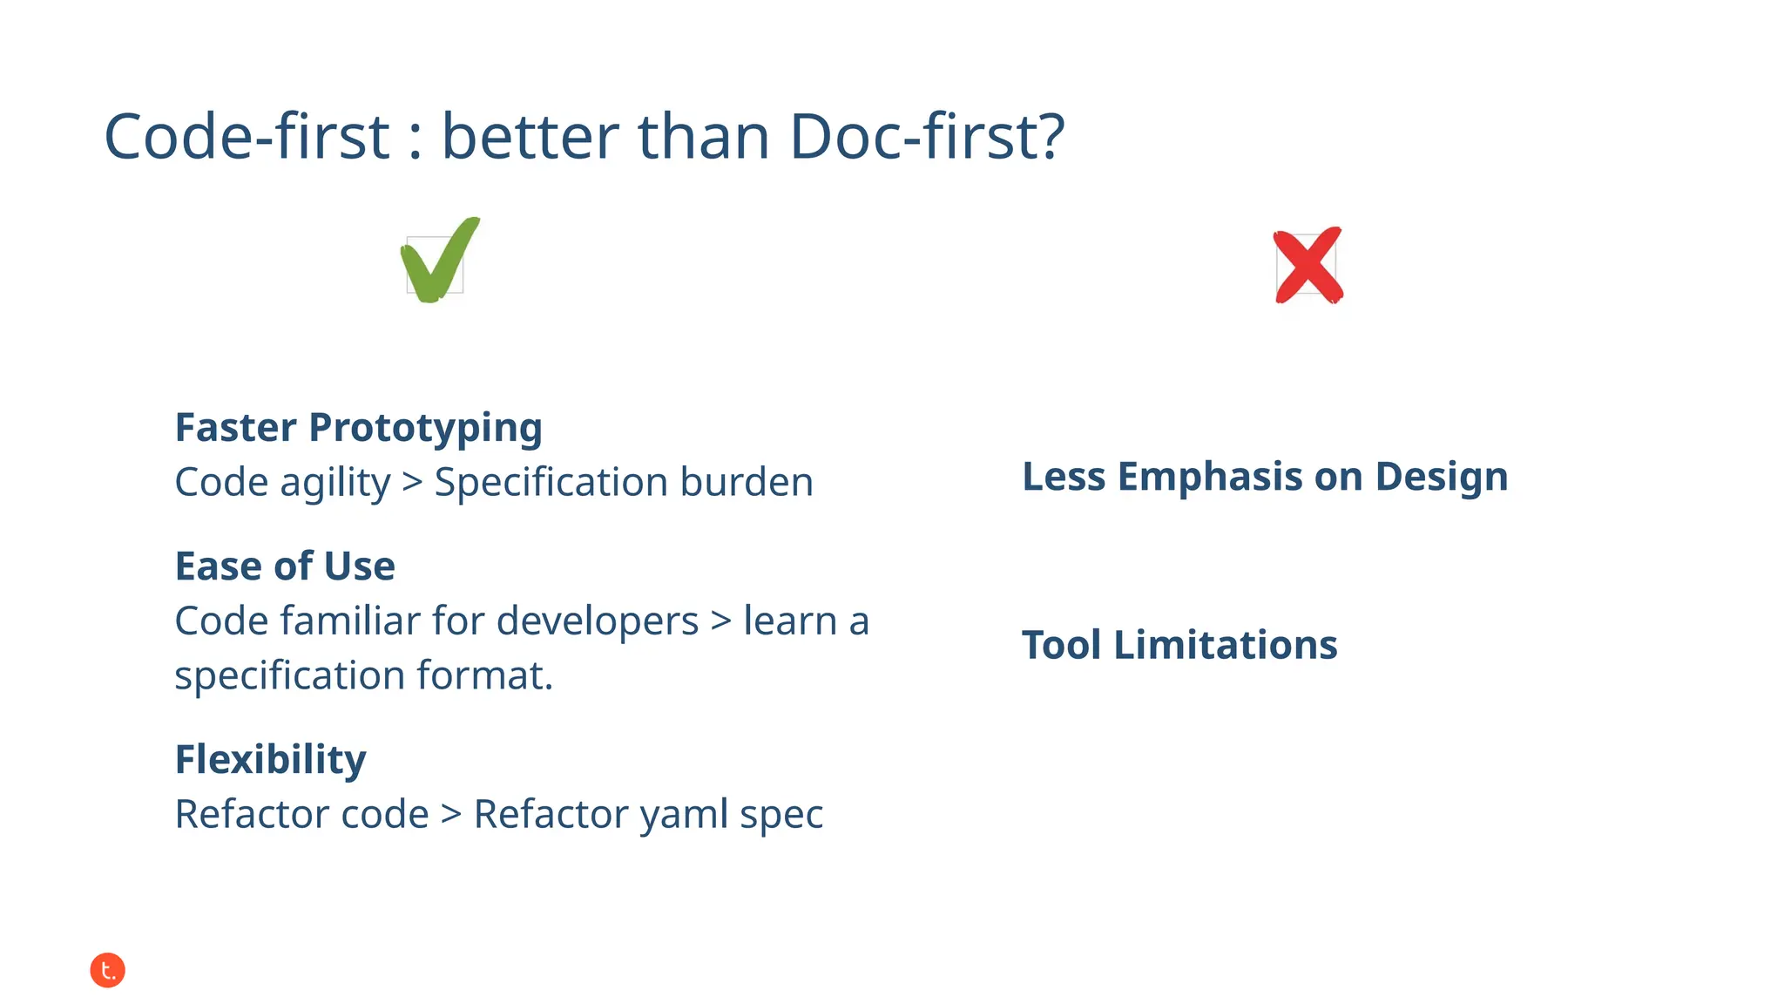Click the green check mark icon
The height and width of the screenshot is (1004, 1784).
tap(439, 261)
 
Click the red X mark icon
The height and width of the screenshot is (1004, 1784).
tap(1308, 266)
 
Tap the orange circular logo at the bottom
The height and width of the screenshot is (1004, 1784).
tap(108, 970)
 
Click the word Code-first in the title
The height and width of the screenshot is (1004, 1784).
tap(247, 137)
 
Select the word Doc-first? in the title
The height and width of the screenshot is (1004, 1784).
tap(927, 137)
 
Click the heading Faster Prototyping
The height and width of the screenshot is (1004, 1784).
tap(358, 428)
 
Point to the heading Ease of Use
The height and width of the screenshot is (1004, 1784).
tap(285, 566)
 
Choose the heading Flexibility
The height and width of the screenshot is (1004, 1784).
tap(270, 760)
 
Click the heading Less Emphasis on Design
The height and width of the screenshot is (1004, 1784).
tap(1265, 477)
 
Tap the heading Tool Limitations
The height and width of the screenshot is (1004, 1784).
tap(1179, 646)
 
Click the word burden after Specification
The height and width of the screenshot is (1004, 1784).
tap(747, 482)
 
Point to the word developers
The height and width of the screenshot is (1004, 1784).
tap(598, 621)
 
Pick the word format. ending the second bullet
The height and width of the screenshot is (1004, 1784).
tap(485, 675)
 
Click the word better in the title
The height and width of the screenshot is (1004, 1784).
tap(530, 137)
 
